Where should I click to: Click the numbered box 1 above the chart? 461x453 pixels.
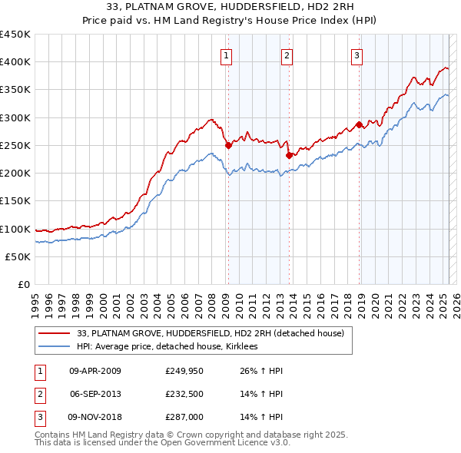click(x=227, y=55)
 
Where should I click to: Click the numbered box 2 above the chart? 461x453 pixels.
click(x=286, y=55)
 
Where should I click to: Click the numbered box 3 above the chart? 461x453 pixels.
click(x=358, y=55)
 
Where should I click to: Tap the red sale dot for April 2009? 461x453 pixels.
click(x=228, y=145)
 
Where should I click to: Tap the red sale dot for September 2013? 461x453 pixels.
click(x=289, y=154)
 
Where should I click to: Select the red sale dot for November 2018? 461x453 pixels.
click(x=360, y=124)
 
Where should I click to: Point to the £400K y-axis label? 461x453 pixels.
click(x=15, y=62)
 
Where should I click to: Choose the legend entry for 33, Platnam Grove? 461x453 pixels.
click(x=215, y=333)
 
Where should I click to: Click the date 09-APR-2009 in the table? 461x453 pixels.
click(x=95, y=371)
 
